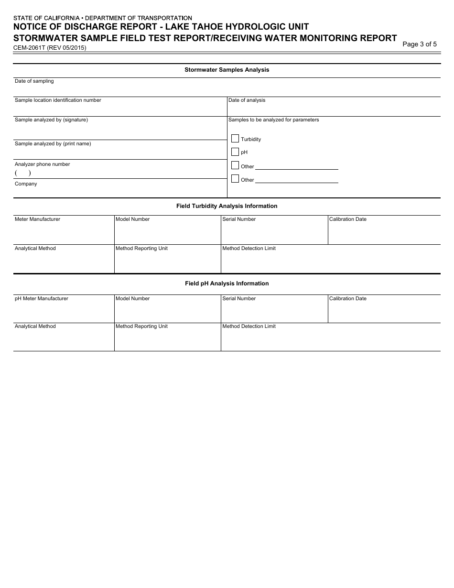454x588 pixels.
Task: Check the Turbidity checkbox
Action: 235,139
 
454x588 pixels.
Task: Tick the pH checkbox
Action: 235,152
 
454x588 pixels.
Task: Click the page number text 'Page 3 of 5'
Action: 420,44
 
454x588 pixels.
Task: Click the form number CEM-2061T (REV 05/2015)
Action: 50,48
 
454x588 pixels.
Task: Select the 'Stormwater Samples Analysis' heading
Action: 227,70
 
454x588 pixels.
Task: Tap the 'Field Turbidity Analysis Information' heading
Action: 227,206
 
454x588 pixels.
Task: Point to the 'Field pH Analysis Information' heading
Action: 227,283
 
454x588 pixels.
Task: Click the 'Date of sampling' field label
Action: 34,81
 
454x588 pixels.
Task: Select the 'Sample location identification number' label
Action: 58,100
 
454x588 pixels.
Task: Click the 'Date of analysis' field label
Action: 247,100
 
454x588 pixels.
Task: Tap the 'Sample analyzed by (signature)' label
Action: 51,120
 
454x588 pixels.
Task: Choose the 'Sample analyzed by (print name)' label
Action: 53,144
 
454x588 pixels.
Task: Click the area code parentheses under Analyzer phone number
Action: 23,174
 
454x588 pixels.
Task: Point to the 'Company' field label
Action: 26,184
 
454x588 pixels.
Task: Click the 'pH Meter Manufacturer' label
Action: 42,299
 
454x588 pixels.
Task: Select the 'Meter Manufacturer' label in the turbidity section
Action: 37,219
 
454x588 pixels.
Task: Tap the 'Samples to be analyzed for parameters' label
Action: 273,120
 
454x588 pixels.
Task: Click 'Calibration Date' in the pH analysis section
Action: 348,299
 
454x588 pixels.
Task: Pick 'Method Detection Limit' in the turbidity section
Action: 249,249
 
